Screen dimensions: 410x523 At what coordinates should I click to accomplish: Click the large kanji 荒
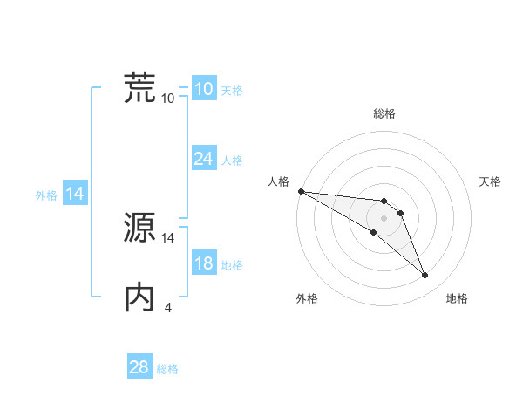tap(140, 87)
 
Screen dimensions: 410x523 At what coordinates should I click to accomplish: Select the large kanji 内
tap(140, 297)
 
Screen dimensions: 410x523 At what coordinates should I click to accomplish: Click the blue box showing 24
tap(204, 159)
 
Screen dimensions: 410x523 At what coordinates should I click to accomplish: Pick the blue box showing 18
tap(204, 264)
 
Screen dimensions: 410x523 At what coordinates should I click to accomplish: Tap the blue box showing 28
tap(139, 367)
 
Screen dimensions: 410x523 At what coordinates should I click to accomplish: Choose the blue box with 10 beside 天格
tap(204, 89)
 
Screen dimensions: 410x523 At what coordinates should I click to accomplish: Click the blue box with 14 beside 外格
tap(75, 195)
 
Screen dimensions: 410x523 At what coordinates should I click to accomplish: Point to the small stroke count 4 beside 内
tap(168, 307)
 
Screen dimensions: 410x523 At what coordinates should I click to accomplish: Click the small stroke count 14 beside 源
tap(168, 237)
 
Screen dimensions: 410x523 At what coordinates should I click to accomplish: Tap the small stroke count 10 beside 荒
tap(168, 98)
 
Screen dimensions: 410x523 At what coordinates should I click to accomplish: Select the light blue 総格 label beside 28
tap(167, 369)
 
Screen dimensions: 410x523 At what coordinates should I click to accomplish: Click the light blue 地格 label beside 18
tap(232, 265)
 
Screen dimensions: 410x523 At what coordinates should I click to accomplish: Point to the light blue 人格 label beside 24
tap(232, 161)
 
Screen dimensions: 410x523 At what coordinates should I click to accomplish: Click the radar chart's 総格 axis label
tap(384, 113)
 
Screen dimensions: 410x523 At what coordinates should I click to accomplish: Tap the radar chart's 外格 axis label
tap(307, 298)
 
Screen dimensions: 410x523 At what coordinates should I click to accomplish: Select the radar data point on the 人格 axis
tap(301, 191)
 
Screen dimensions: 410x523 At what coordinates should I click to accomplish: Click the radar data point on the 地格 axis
tap(425, 276)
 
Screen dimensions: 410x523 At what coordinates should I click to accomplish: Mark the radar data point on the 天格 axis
tap(400, 213)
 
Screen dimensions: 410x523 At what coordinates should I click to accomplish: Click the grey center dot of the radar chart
tap(384, 218)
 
